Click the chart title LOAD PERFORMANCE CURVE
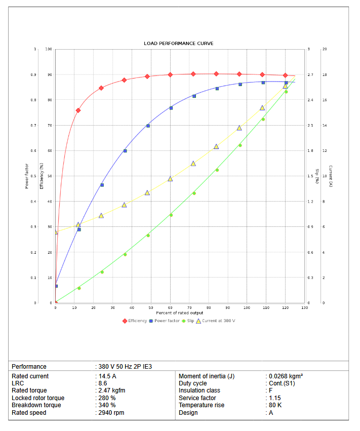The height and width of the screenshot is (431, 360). pyautogui.click(x=179, y=44)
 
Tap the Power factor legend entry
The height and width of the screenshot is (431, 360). pyautogui.click(x=167, y=321)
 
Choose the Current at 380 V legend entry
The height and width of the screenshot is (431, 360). pyautogui.click(x=218, y=321)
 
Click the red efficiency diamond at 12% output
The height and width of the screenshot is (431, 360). pyautogui.click(x=78, y=110)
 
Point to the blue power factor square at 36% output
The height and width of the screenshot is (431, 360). pyautogui.click(x=125, y=151)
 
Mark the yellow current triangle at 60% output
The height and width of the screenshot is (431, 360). pyautogui.click(x=170, y=179)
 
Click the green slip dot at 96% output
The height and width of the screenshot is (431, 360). pyautogui.click(x=240, y=145)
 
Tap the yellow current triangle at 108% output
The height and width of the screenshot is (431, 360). pyautogui.click(x=262, y=108)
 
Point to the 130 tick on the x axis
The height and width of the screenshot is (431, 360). pyautogui.click(x=304, y=307)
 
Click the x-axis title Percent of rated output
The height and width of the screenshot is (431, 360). pyautogui.click(x=180, y=313)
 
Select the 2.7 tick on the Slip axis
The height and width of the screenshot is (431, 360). pyautogui.click(x=310, y=75)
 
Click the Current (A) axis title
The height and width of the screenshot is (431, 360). pyautogui.click(x=330, y=176)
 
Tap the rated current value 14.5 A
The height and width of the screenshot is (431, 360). pyautogui.click(x=107, y=376)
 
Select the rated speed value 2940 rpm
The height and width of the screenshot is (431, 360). pyautogui.click(x=111, y=413)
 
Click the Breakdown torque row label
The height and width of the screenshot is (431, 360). pyautogui.click(x=36, y=405)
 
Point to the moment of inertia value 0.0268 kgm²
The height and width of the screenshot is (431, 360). pyautogui.click(x=286, y=376)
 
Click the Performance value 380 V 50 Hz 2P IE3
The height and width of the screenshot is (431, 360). pyautogui.click(x=125, y=366)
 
